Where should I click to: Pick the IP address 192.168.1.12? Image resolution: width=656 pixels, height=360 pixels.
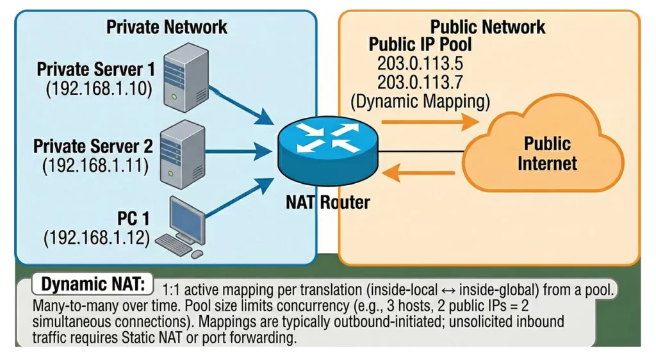96,238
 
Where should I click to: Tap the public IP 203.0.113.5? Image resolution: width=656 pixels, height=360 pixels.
420,64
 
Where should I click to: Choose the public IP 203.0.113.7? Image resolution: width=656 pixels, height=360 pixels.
420,82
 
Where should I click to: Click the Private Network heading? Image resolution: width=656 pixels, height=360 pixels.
167,27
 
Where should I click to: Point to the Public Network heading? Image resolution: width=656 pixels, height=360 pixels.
488,27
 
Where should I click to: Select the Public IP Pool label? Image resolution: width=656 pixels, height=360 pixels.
420,45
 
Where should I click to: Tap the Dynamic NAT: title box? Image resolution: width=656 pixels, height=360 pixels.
93,284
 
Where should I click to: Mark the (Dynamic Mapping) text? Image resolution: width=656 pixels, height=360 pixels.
420,101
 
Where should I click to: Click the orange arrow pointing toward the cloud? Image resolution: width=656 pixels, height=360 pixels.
430,120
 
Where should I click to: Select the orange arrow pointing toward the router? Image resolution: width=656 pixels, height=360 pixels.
422,170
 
